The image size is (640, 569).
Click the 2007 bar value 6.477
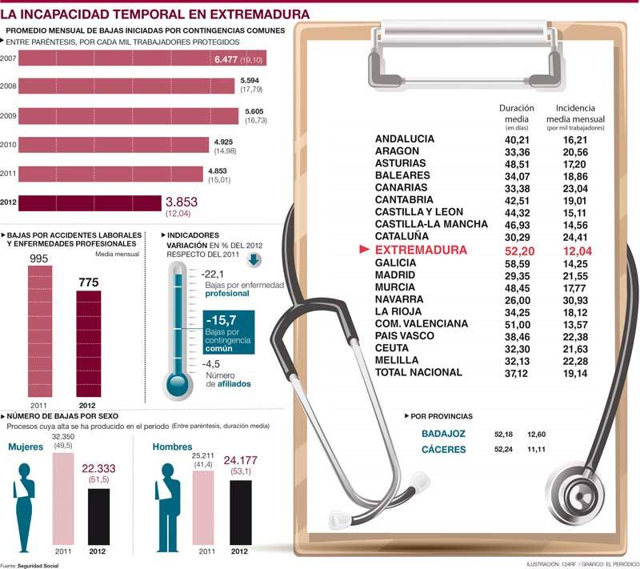232,60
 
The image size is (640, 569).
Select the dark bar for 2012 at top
88,202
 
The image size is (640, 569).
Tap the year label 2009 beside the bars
9,114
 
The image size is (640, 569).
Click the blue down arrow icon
254,259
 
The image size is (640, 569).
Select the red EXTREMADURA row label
421,250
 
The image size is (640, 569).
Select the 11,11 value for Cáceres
536,450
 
